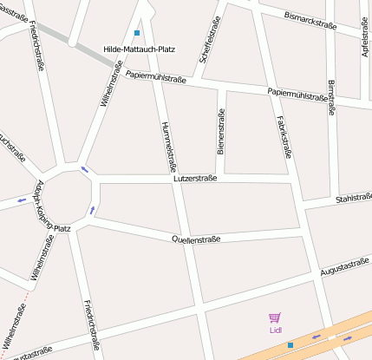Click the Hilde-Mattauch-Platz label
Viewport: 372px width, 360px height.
pos(139,49)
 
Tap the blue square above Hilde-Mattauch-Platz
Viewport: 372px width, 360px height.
pos(137,34)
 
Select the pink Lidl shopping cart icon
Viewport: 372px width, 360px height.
pos(275,318)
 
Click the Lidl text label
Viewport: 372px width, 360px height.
pos(275,330)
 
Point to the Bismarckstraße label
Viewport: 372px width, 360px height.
pos(310,17)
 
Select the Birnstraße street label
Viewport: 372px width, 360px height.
pos(331,98)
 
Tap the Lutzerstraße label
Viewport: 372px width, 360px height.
pos(195,178)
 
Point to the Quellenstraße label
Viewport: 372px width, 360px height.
pos(196,239)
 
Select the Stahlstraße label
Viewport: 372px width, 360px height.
pos(353,199)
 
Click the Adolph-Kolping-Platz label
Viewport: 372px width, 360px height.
pos(49,208)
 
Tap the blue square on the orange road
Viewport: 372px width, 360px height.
pos(290,345)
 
